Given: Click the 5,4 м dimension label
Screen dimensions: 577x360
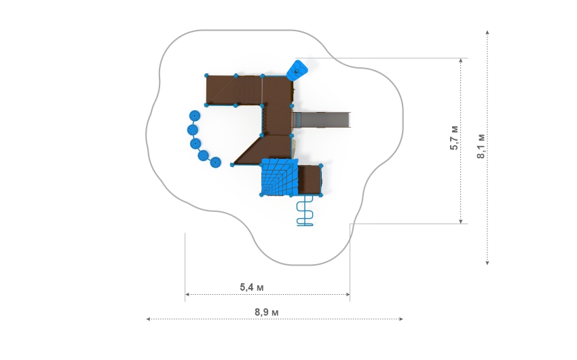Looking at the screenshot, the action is point(252,287).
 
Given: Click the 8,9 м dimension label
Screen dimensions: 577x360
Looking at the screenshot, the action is point(266,312).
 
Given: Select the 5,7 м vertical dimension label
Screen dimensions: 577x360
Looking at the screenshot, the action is point(454,138).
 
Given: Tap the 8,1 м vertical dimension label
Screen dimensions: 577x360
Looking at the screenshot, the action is point(481,146).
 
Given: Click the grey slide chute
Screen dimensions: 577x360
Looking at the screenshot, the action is point(321,120).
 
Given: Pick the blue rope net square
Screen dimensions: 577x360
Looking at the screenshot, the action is point(278,177).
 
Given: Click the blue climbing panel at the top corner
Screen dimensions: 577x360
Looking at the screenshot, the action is point(297,70).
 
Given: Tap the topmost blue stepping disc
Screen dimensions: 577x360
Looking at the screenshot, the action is point(195,116).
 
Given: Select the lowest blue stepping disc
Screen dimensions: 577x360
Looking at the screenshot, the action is point(215,162).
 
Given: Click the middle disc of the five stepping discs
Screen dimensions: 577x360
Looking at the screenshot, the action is point(196,143).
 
